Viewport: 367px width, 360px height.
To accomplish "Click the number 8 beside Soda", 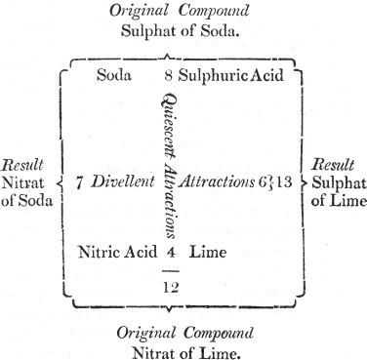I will coord(169,74).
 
